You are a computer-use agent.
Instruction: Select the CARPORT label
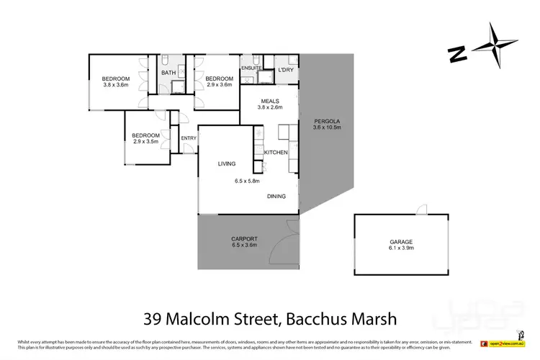click(x=244, y=238)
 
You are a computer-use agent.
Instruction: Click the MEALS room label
click(x=270, y=101)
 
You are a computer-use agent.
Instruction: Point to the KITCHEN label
click(x=276, y=153)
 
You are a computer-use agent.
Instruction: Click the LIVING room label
click(x=227, y=164)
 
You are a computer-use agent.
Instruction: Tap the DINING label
click(x=276, y=196)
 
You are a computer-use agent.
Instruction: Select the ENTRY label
click(x=189, y=138)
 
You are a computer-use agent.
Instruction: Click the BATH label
click(x=168, y=73)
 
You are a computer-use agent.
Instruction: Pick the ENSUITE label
click(x=251, y=68)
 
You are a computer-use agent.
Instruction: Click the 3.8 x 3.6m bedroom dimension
click(x=115, y=85)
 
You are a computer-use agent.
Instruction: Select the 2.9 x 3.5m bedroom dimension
click(x=145, y=141)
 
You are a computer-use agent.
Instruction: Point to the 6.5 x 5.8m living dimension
click(x=247, y=181)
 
